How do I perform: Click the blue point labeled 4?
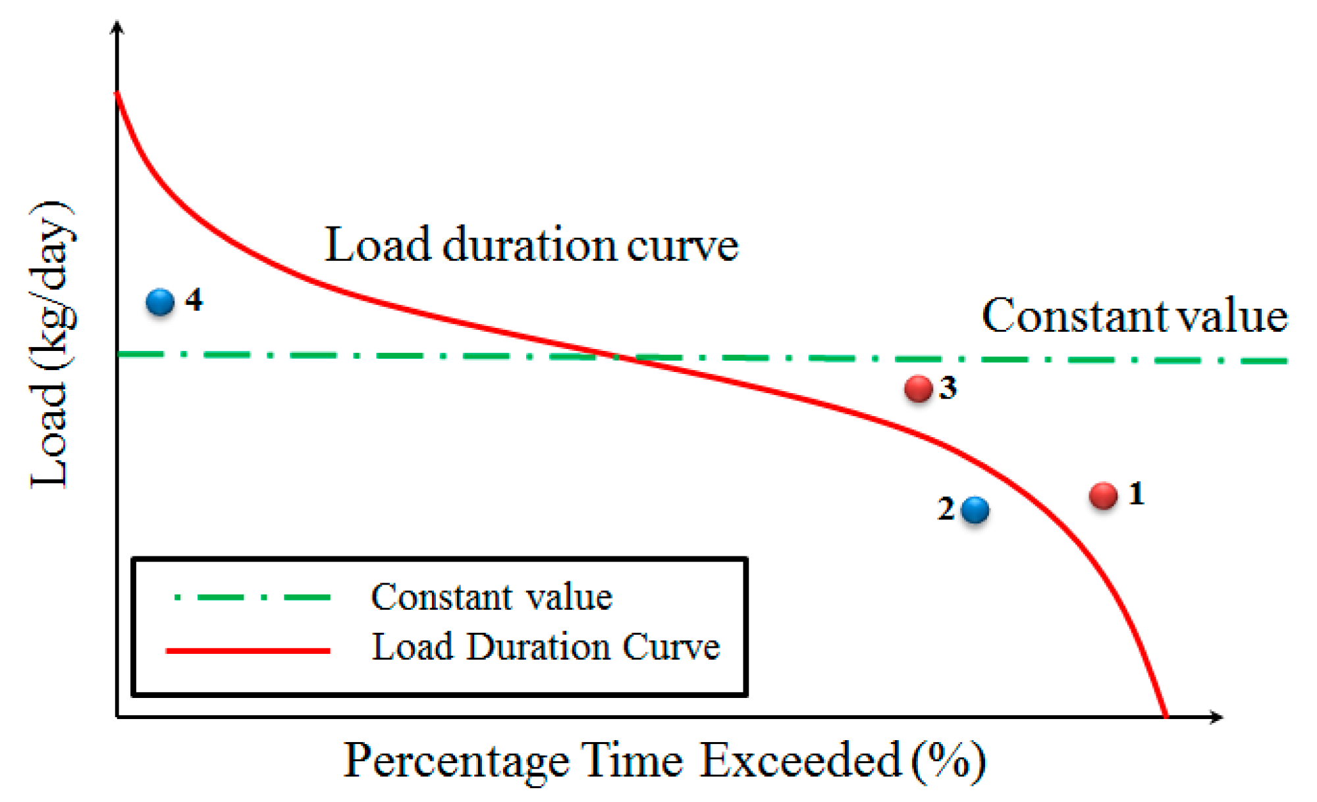tap(160, 302)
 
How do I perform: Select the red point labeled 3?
tap(918, 388)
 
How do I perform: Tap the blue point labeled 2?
tap(975, 510)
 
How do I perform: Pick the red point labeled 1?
tap(1103, 496)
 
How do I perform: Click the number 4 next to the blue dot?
tap(194, 300)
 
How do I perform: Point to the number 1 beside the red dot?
tap(1137, 493)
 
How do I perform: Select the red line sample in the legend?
tap(248, 651)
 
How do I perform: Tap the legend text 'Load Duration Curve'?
tap(546, 647)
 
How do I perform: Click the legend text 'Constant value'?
tap(492, 597)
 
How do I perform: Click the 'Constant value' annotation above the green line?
tap(1134, 316)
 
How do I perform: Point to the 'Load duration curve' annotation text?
tap(531, 245)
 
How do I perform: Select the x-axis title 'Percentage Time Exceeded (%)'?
tap(664, 761)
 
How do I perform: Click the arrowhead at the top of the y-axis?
tap(117, 26)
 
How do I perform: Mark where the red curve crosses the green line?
tap(619, 357)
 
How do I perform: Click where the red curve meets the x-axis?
tap(1166, 716)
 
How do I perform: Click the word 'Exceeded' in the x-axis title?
tap(799, 761)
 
